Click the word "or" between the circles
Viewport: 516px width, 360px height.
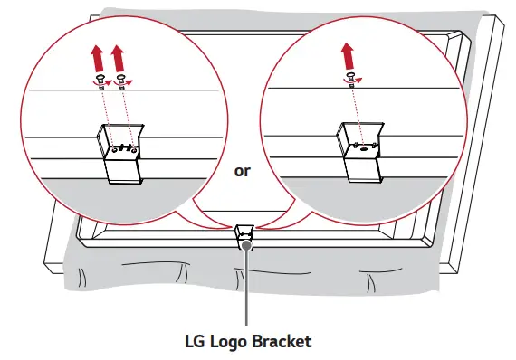click(x=242, y=170)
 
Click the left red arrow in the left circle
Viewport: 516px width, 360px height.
click(x=97, y=63)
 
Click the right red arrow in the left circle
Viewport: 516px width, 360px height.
click(x=118, y=63)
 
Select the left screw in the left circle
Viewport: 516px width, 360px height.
click(x=99, y=81)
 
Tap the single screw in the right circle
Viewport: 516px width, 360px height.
click(x=347, y=78)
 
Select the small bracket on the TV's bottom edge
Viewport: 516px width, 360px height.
click(x=244, y=234)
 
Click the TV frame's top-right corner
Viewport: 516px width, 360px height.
click(x=489, y=20)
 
